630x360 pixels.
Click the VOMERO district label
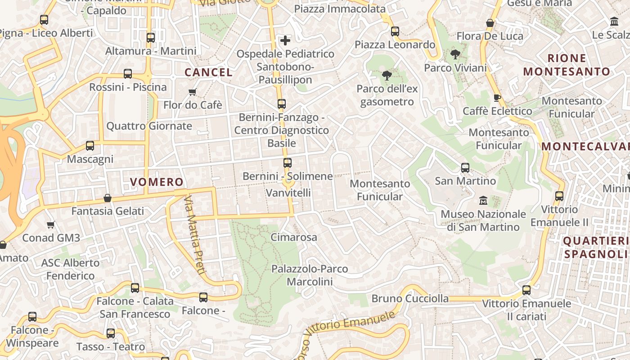point(157,182)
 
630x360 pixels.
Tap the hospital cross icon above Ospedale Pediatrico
point(285,41)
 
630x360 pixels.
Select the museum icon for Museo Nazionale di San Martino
point(483,200)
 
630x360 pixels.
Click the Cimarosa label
point(294,237)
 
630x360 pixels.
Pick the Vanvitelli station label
point(288,193)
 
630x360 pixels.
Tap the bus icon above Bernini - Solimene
point(288,163)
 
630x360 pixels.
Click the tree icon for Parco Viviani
point(455,55)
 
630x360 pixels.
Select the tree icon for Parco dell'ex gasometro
point(387,75)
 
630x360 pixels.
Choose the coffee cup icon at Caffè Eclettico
point(497,98)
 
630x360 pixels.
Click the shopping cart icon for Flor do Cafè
point(193,92)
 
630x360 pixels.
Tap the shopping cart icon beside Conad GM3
point(51,225)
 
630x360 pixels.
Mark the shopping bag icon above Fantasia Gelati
point(108,198)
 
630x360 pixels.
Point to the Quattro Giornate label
point(149,126)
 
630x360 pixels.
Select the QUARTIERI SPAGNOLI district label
point(595,247)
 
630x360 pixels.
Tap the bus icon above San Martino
point(465,168)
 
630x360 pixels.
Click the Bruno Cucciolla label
point(410,298)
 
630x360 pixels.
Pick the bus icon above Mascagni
point(90,146)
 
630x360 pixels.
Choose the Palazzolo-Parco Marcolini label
point(310,275)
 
